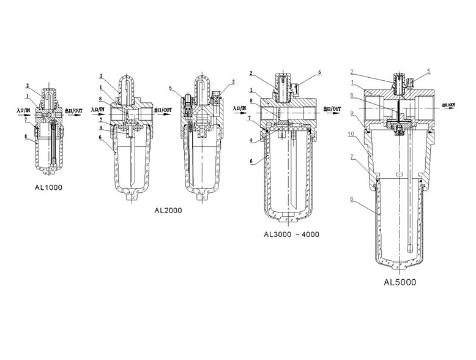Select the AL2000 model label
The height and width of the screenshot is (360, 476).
pos(167,210)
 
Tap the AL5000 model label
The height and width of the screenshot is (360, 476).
pos(400,282)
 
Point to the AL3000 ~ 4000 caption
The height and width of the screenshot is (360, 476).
pos(291,234)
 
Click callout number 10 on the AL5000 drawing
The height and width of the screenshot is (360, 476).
pos(352,132)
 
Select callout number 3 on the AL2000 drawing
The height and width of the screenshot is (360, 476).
pos(233,82)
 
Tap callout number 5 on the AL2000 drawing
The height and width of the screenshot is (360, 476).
pos(171,88)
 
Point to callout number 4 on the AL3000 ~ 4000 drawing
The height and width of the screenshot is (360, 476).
pos(252,140)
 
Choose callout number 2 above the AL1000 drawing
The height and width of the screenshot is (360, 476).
pos(28,84)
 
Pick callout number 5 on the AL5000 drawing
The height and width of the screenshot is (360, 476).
pos(428,71)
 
